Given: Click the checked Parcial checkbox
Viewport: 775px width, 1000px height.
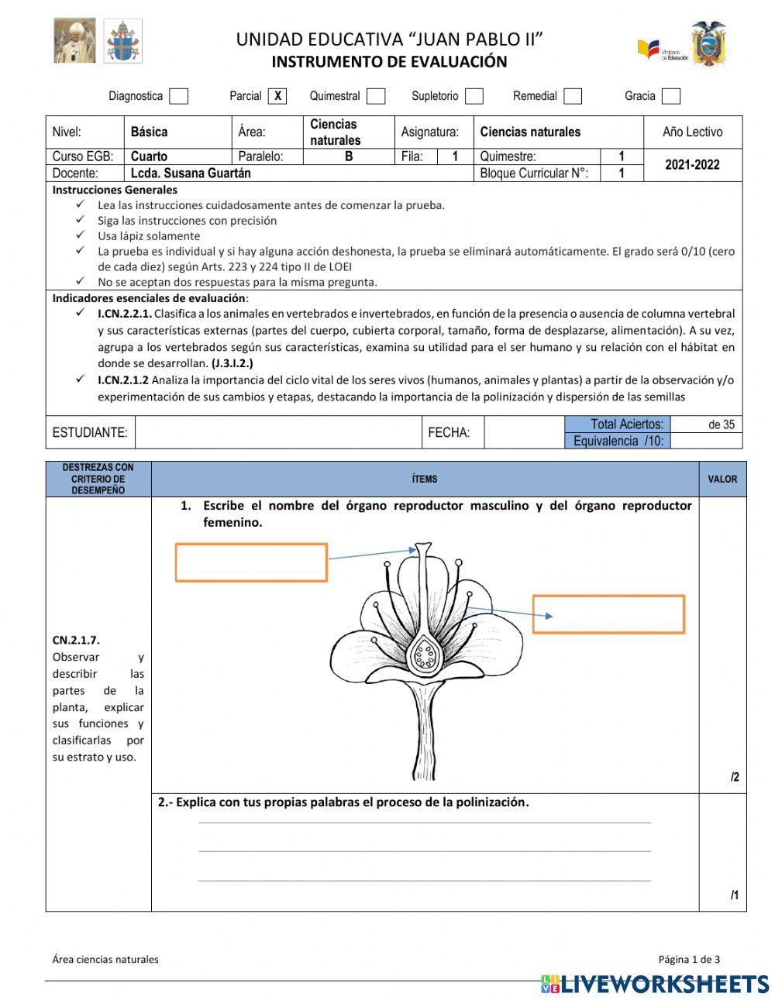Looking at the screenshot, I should [x=277, y=96].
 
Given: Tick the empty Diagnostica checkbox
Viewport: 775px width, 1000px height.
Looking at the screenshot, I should [x=179, y=96].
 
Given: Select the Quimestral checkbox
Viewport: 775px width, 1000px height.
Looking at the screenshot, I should [x=376, y=96].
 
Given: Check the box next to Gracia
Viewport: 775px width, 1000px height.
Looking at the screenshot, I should [x=671, y=96].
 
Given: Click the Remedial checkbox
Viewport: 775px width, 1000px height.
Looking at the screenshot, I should [x=573, y=96].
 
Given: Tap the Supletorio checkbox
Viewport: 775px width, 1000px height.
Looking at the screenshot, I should [x=474, y=96].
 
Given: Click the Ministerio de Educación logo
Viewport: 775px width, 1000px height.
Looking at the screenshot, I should [x=663, y=50].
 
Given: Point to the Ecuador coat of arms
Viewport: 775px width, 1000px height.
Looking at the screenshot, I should [x=708, y=43].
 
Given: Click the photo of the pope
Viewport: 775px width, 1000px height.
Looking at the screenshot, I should [x=74, y=40].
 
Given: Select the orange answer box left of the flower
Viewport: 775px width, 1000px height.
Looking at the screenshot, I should [x=251, y=562].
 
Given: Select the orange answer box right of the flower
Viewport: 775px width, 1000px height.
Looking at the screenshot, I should [x=608, y=614].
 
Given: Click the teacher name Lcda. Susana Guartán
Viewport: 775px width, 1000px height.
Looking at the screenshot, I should [x=190, y=173].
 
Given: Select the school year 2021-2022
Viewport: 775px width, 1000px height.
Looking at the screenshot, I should [x=692, y=164].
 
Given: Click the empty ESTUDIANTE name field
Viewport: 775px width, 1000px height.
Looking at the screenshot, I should [x=278, y=432].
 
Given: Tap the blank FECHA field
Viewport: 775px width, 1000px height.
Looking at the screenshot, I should [x=523, y=432].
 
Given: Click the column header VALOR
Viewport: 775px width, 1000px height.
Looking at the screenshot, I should [x=722, y=479].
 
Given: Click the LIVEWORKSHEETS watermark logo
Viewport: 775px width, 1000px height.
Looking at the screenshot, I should [x=655, y=984].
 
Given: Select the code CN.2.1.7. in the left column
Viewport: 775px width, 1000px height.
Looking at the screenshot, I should [x=76, y=641].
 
